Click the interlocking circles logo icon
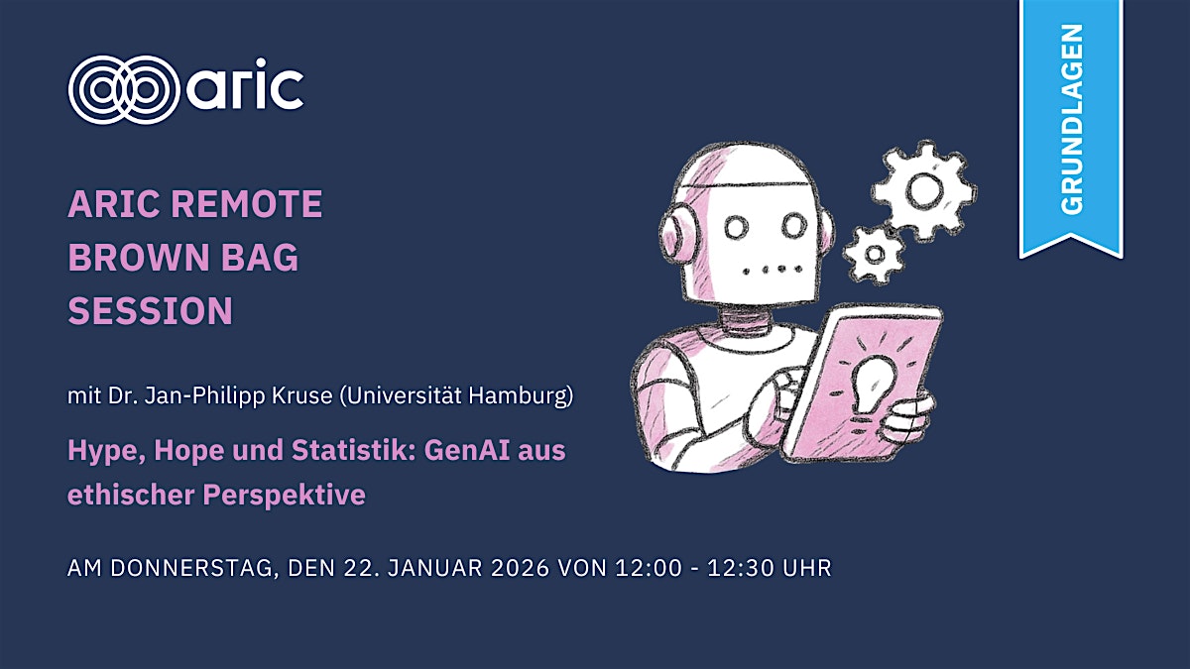(124, 89)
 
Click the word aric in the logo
(245, 85)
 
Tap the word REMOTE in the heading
(247, 204)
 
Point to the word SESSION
(151, 310)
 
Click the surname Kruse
(301, 395)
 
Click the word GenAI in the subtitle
(467, 450)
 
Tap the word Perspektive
(285, 495)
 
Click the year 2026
(520, 568)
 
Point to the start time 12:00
(649, 568)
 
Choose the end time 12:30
(740, 568)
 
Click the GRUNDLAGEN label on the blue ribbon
(1072, 119)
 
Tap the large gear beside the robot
(924, 190)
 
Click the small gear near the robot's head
(874, 254)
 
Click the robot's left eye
(736, 227)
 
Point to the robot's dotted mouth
(773, 270)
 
